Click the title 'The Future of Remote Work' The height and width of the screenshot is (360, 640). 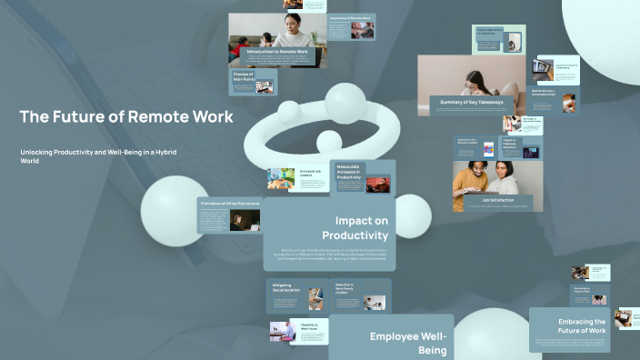click(x=126, y=117)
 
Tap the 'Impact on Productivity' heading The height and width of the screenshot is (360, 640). click(x=361, y=228)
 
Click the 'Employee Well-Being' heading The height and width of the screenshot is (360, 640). click(x=407, y=343)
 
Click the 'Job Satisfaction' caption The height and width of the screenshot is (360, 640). click(x=497, y=200)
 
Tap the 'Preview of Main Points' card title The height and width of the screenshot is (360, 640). click(x=243, y=77)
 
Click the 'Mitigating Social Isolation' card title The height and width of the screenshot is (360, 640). click(x=286, y=288)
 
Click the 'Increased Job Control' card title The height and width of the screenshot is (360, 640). click(x=309, y=172)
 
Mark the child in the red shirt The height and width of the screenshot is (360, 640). click(x=243, y=45)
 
